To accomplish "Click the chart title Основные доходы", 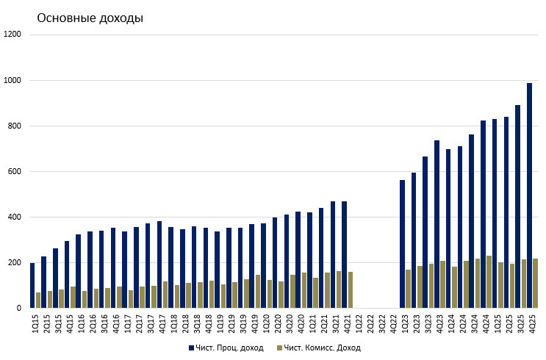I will pos(90,18).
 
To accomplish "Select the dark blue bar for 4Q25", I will pos(529,195).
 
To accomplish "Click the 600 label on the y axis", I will pos(15,172).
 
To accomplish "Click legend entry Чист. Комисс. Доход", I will pos(322,348).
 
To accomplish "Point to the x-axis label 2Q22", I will pos(370,323).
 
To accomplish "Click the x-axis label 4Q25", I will pos(532,323).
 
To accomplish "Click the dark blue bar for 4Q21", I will pos(344,254).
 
